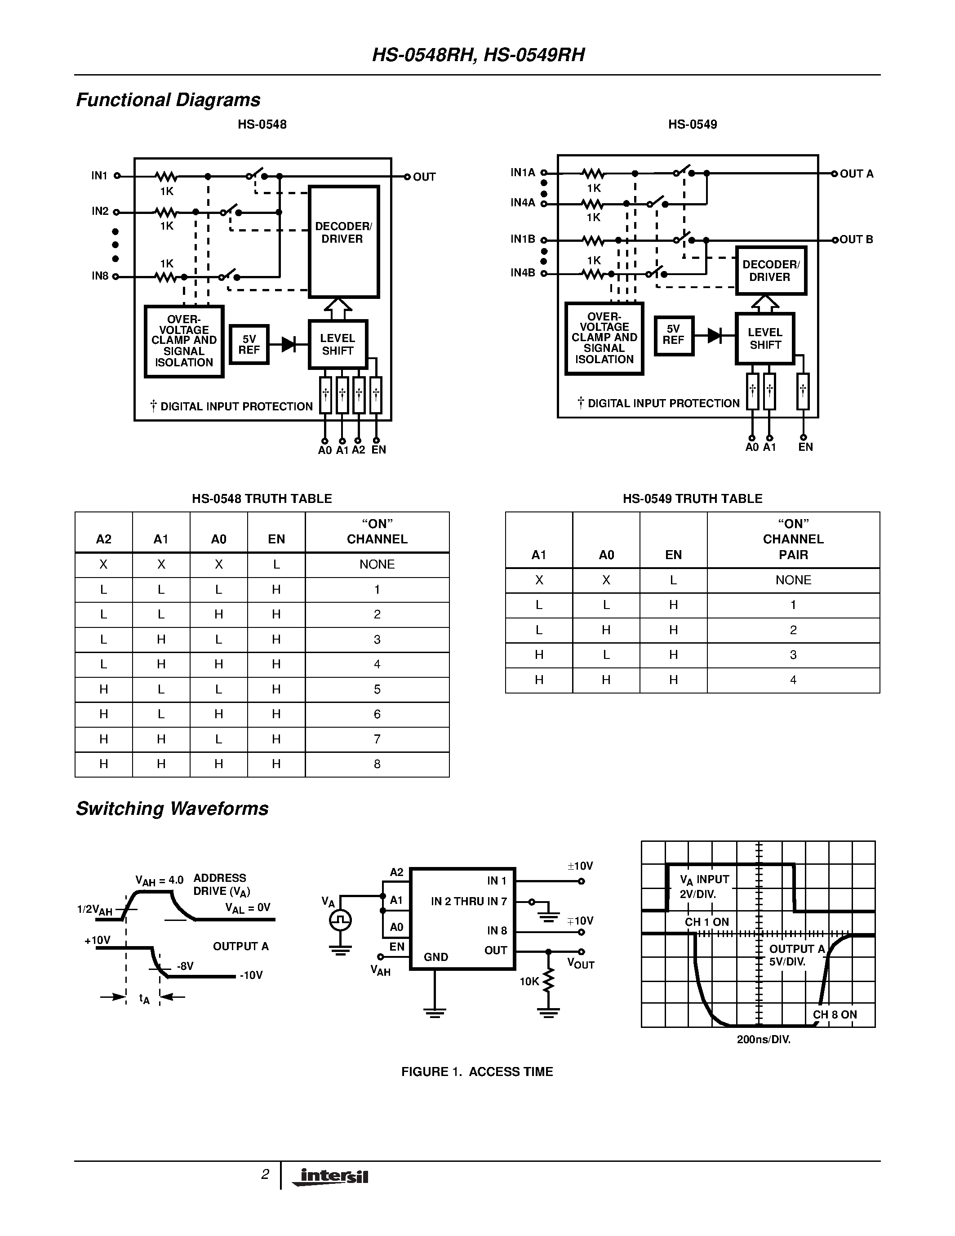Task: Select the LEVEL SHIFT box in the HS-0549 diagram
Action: [765, 338]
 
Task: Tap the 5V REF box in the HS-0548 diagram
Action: [249, 345]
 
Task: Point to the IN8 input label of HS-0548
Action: [100, 276]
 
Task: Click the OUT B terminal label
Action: [856, 240]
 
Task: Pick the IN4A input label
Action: [522, 203]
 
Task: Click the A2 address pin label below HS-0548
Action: [358, 450]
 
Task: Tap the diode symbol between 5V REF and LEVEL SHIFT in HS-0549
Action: [715, 336]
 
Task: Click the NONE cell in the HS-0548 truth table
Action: [377, 564]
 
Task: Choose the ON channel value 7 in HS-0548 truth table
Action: [377, 739]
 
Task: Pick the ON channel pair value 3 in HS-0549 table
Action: [793, 655]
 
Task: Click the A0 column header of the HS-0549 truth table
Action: [606, 555]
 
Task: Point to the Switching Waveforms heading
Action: [172, 809]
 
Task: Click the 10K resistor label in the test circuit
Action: [529, 981]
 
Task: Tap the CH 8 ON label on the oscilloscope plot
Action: [835, 1015]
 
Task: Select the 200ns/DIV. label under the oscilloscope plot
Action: [763, 1040]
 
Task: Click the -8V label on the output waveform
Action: [185, 966]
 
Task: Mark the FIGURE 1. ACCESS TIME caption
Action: [477, 1071]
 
